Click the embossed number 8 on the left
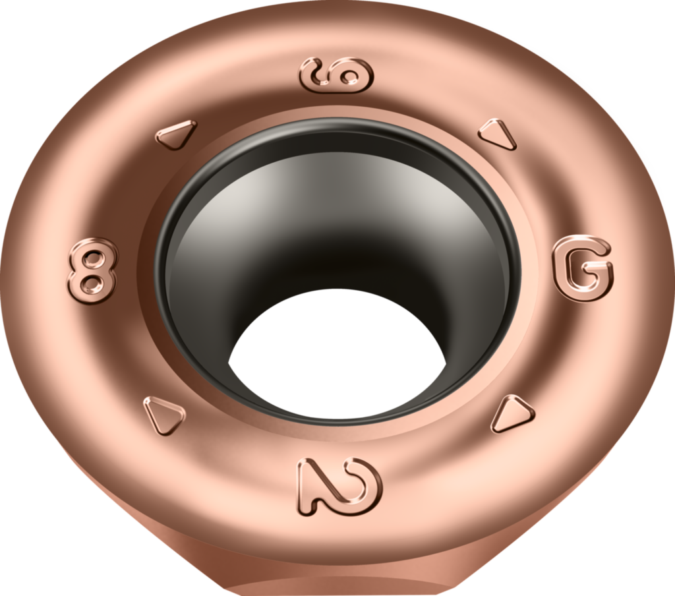(92, 271)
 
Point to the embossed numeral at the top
(337, 74)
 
